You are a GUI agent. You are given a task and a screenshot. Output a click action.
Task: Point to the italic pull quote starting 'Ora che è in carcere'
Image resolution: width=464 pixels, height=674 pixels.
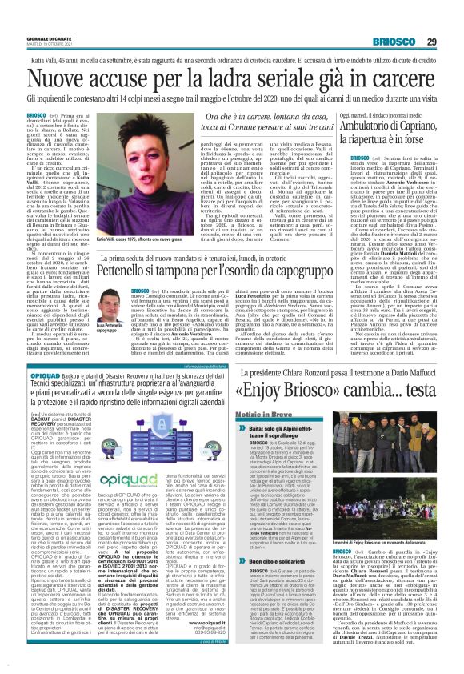[x=231, y=124]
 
